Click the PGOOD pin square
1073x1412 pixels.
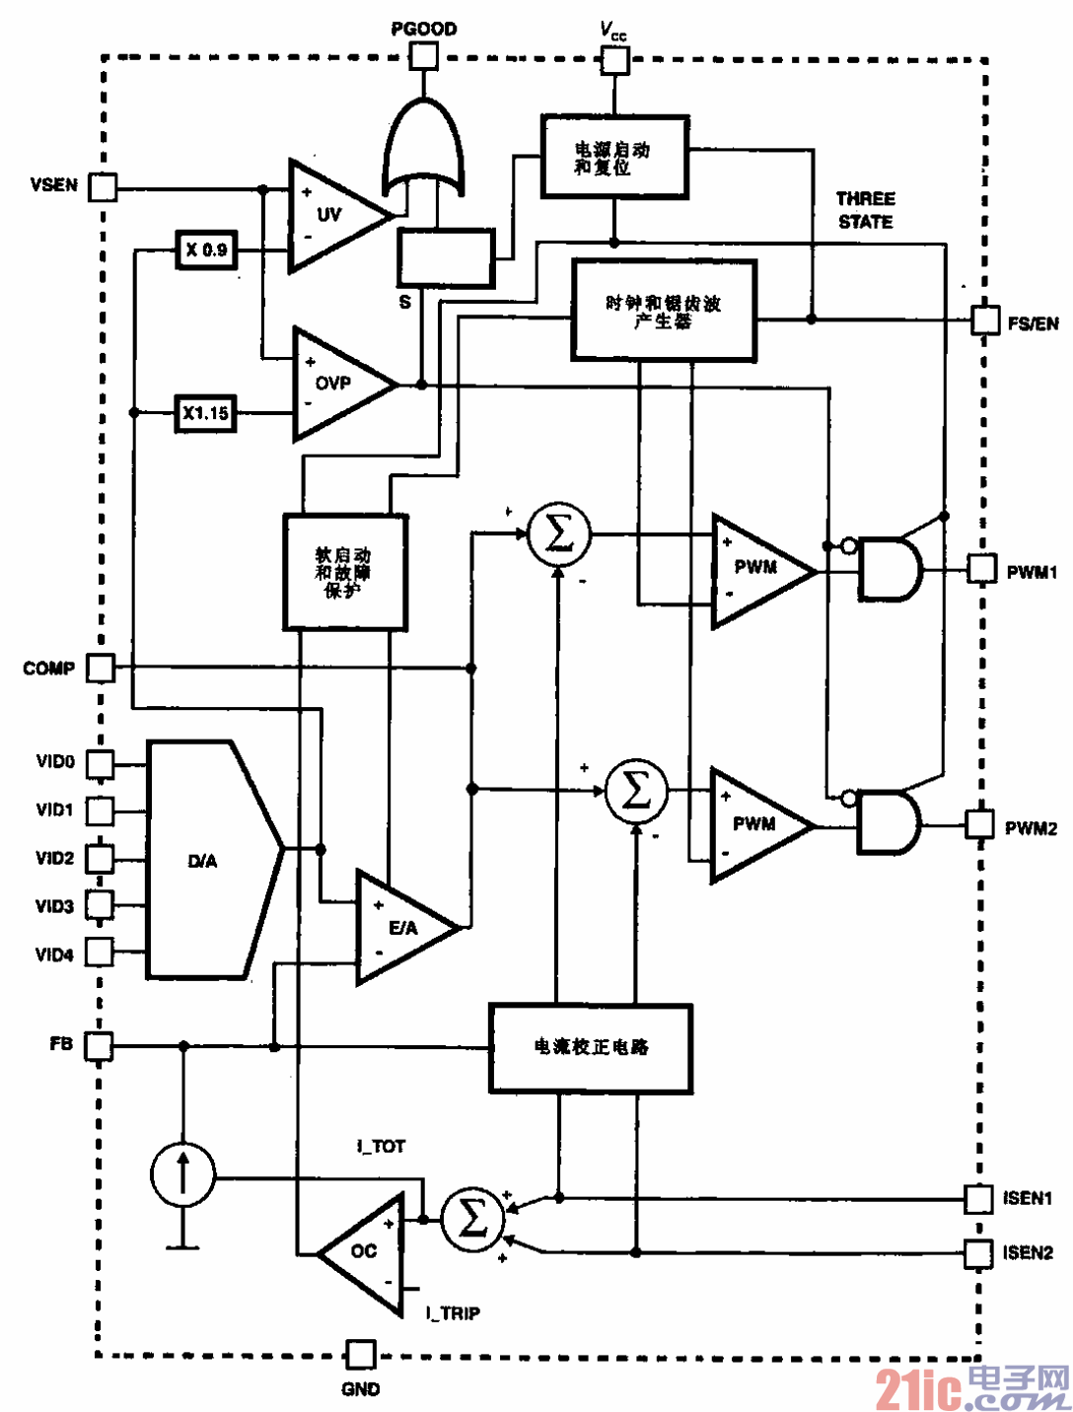pos(424,55)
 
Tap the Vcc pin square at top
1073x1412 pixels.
pos(615,60)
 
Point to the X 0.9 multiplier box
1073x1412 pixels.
pos(206,249)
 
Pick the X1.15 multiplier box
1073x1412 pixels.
pos(205,413)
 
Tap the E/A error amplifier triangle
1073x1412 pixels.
pos(399,927)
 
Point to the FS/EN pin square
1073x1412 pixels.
pos(984,319)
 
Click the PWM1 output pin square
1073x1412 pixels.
pos(981,568)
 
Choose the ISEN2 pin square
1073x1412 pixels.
pos(977,1253)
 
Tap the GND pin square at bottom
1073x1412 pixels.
pos(360,1354)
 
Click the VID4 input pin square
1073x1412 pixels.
pos(100,952)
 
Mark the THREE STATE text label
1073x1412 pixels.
pos(865,210)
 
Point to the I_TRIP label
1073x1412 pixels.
pos(453,1312)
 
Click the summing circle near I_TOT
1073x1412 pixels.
pos(471,1220)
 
